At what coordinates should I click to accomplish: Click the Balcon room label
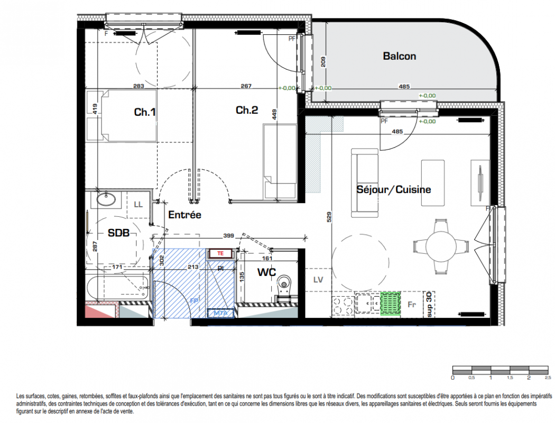click(399, 56)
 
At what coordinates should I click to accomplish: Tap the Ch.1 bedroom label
click(145, 112)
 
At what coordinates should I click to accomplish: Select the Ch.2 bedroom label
click(247, 110)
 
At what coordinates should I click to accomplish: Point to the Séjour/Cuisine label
click(394, 190)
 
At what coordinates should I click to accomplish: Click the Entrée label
click(184, 215)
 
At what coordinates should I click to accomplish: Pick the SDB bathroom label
click(118, 233)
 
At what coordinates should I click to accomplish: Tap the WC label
click(266, 272)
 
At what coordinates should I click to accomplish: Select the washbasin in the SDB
click(106, 199)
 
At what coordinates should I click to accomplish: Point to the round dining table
click(441, 246)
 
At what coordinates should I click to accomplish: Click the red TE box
click(220, 253)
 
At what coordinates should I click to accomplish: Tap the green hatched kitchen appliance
click(390, 304)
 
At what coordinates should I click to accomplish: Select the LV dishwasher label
click(318, 280)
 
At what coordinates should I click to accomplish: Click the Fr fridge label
click(411, 305)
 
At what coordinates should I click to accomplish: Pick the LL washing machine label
click(138, 205)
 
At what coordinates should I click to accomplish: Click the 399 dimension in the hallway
click(229, 235)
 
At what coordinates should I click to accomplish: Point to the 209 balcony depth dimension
click(323, 62)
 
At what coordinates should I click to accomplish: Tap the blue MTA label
click(220, 313)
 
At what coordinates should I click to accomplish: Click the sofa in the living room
click(365, 182)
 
